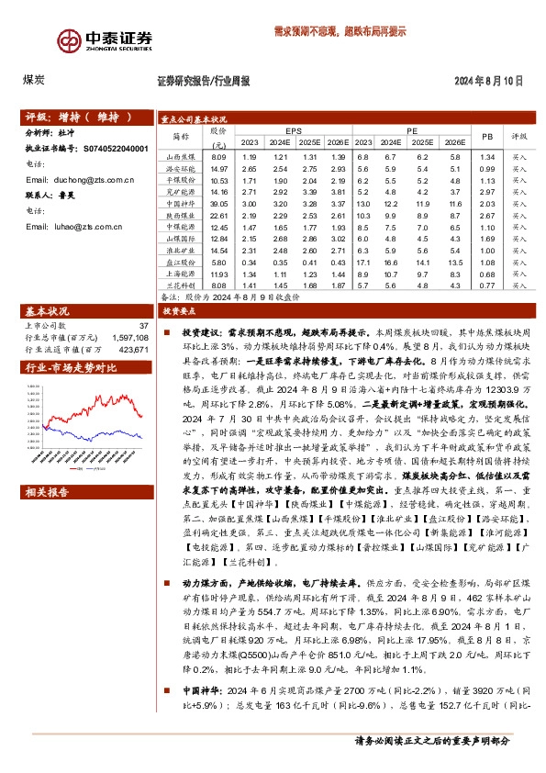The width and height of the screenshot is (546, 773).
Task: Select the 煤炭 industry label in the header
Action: tap(34, 81)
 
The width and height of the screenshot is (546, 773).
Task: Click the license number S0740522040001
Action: tap(116, 148)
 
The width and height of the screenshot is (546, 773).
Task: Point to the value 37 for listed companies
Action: tap(142, 326)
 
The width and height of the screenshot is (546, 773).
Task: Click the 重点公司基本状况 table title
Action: tap(193, 119)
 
